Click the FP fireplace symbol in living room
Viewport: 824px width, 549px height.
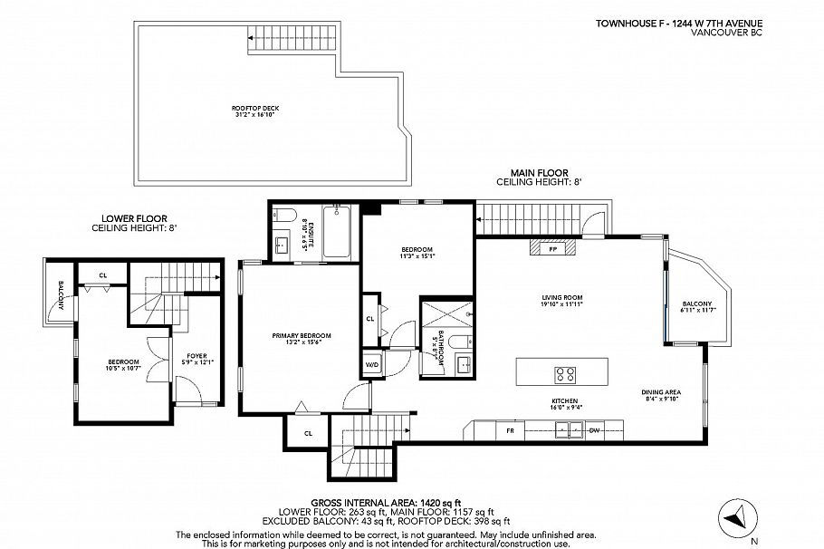(551, 247)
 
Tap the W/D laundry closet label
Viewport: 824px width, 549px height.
(372, 365)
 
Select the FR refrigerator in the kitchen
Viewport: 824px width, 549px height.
(511, 430)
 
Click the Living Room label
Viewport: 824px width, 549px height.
(561, 300)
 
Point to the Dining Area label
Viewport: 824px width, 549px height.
(662, 395)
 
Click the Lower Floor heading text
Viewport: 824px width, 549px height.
(134, 224)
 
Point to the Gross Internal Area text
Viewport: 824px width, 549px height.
(387, 502)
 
